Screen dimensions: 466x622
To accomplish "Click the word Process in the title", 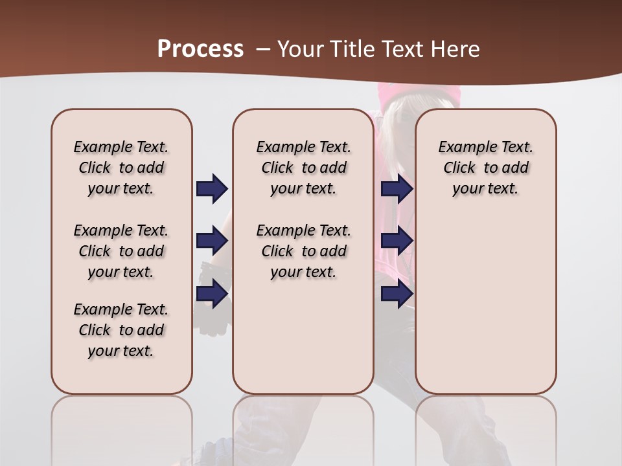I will coord(200,49).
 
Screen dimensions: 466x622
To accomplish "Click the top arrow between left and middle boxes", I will coord(212,188).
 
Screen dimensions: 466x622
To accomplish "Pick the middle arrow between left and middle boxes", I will coord(212,241).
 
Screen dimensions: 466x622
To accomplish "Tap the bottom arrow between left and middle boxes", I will coord(212,294).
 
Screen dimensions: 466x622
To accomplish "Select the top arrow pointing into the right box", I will coord(397,188).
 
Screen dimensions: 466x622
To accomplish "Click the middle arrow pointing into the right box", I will coord(397,241).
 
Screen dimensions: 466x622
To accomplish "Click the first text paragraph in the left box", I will coord(121,168).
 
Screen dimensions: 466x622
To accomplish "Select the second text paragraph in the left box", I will coord(121,251).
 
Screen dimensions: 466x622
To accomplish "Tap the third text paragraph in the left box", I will coord(121,330).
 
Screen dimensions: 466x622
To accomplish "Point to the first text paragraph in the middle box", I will coord(303,168).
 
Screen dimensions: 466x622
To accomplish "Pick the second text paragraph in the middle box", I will coord(303,251).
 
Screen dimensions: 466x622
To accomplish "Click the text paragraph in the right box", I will coord(485,168).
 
